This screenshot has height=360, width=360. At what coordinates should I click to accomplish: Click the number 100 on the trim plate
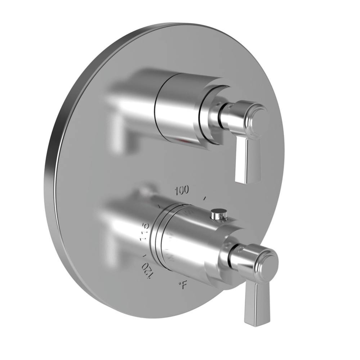[x=182, y=191]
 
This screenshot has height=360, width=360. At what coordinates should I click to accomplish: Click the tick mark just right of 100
[x=205, y=198]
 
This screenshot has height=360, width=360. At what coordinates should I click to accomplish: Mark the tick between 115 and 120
[x=144, y=255]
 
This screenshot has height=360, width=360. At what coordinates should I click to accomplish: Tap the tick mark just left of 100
[x=159, y=206]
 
